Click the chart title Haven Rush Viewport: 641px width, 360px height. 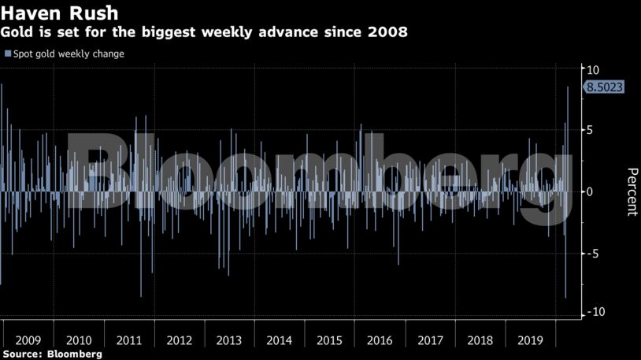tap(59, 13)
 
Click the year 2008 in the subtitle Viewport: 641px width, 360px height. tap(387, 33)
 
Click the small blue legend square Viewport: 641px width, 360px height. tap(8, 54)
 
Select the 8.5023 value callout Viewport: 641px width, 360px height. tap(604, 87)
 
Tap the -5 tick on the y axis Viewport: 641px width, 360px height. tap(594, 253)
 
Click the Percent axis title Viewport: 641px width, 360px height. tap(632, 191)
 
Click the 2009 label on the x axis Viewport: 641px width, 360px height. tap(28, 340)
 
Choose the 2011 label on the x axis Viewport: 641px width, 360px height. tap(129, 340)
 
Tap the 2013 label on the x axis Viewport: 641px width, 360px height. tap(229, 340)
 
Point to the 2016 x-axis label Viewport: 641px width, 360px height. tap(380, 340)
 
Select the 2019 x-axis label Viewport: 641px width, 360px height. tap(530, 340)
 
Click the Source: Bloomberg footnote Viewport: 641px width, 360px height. tap(51, 354)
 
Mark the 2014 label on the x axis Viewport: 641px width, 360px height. tap(280, 340)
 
